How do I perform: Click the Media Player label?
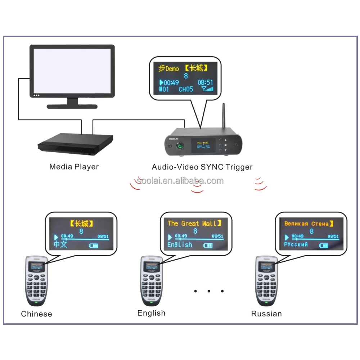coord(74,167)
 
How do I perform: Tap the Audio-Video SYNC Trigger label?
coord(202,167)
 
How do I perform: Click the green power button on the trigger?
coord(179,146)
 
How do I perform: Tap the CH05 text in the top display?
coord(186,89)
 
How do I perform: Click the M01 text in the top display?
coord(164,89)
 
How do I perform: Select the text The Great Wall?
coord(193,224)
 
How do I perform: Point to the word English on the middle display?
coord(180,245)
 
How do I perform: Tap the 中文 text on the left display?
coord(60,244)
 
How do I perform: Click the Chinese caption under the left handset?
coord(36,314)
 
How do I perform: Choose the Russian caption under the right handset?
coord(266,314)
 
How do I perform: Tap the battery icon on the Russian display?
coord(324,246)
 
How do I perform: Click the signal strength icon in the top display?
coord(207,89)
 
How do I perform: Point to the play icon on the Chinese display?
coord(56,237)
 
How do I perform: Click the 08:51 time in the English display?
coord(217,236)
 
